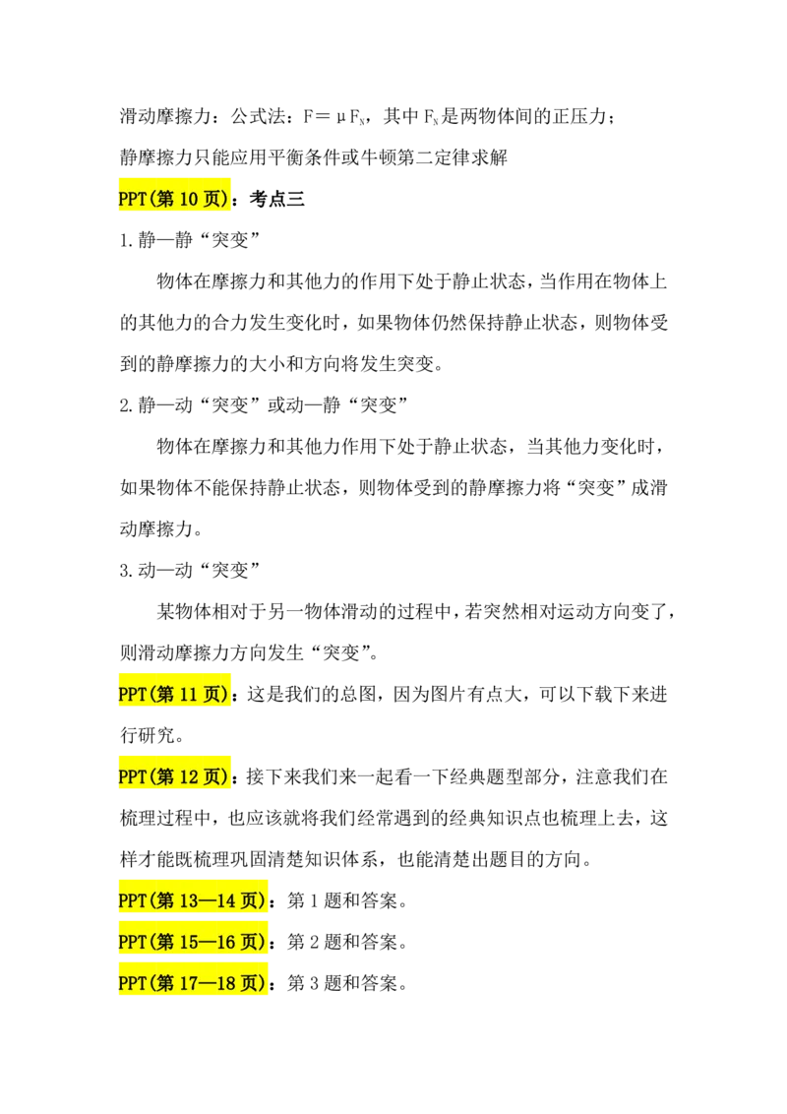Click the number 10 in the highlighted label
(x=189, y=199)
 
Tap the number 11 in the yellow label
(x=189, y=695)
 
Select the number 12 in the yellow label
(x=189, y=777)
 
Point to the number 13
(x=189, y=900)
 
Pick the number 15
(x=189, y=942)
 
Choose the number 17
(x=189, y=983)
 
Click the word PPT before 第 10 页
(x=132, y=199)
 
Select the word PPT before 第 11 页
(x=132, y=695)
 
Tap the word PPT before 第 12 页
(x=132, y=777)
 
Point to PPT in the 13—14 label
(x=132, y=900)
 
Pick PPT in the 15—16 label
(x=132, y=942)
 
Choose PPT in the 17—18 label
(x=132, y=983)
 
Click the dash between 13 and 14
(x=209, y=900)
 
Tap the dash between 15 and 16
(x=209, y=942)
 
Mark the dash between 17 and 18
(x=209, y=983)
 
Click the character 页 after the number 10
(x=213, y=199)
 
